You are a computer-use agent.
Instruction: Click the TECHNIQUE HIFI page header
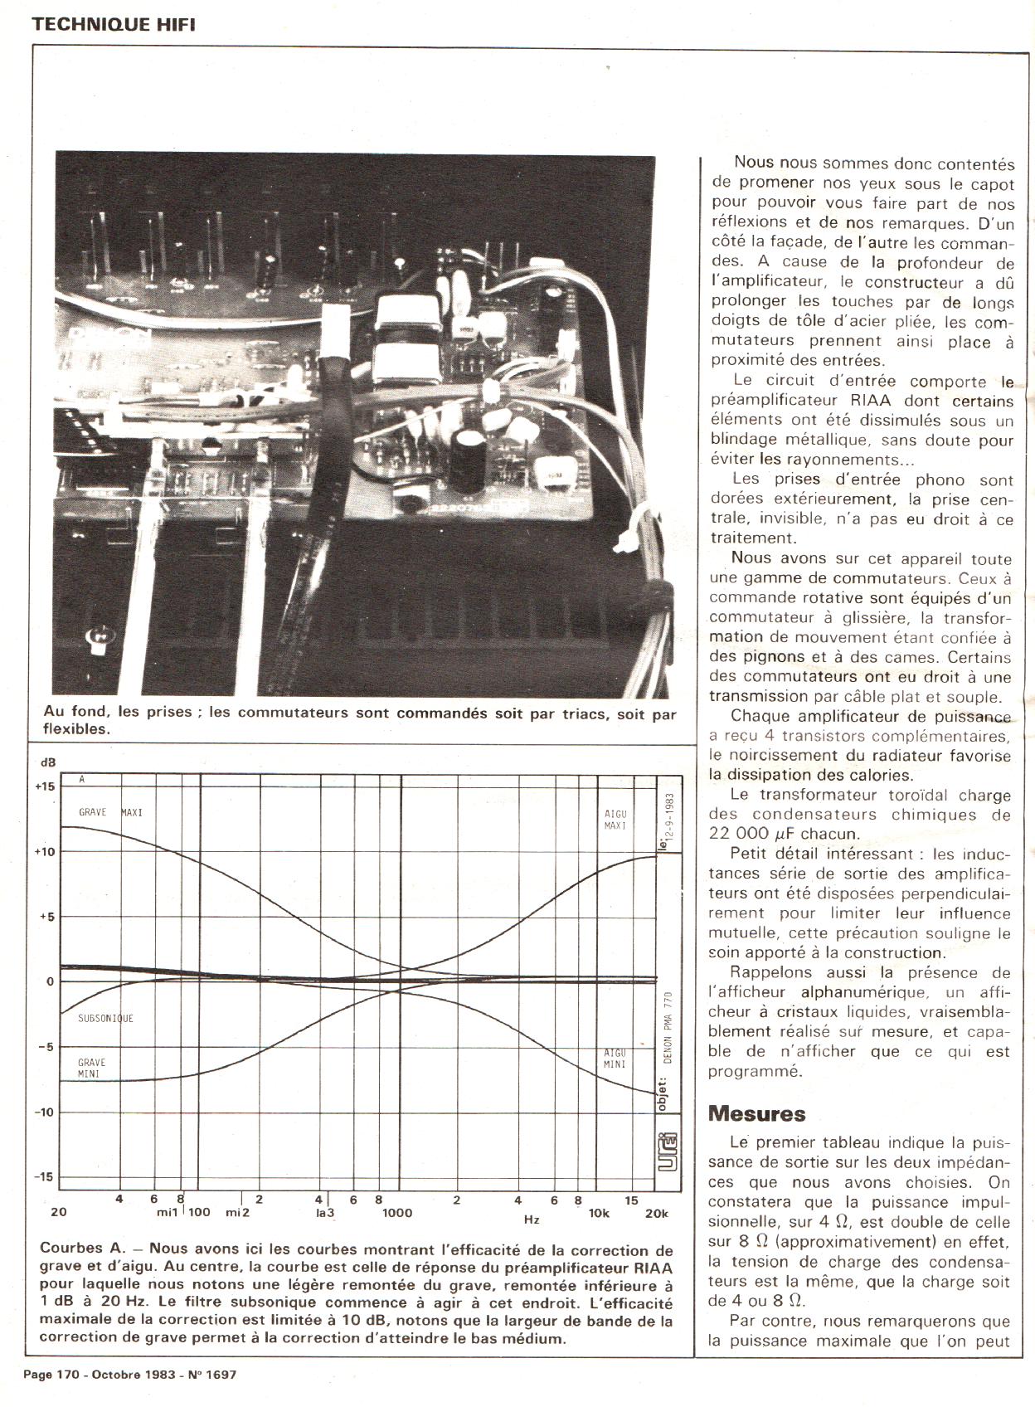tap(113, 24)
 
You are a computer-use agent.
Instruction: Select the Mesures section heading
tap(756, 1113)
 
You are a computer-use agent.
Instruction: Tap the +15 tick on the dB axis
tap(45, 786)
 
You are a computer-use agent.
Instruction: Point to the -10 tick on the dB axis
tap(45, 1112)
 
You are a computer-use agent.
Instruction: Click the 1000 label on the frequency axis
tap(396, 1212)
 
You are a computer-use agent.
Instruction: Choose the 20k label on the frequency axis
tap(656, 1212)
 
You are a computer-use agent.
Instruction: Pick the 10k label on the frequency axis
tap(599, 1212)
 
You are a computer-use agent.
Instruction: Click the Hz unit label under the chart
tap(532, 1220)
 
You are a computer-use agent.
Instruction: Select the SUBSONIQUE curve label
tap(105, 1018)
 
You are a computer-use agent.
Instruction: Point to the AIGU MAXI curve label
tap(615, 820)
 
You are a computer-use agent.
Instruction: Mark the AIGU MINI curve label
tap(615, 1059)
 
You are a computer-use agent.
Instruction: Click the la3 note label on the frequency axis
tap(324, 1212)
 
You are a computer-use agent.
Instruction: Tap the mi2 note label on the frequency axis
tap(238, 1212)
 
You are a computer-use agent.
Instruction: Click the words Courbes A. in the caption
tap(80, 1249)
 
